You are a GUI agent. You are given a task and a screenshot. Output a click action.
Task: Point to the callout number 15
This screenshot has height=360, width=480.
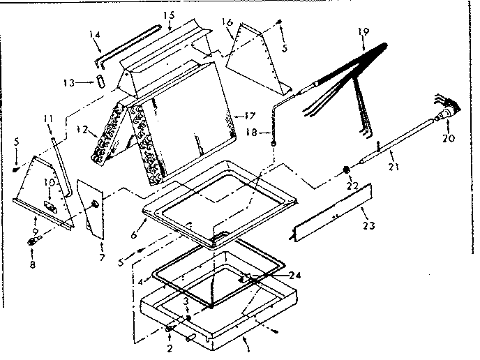[167, 15]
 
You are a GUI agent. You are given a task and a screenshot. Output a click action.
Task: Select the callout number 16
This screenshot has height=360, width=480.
[227, 23]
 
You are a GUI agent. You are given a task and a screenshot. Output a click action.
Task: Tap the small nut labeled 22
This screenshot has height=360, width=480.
[347, 170]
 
